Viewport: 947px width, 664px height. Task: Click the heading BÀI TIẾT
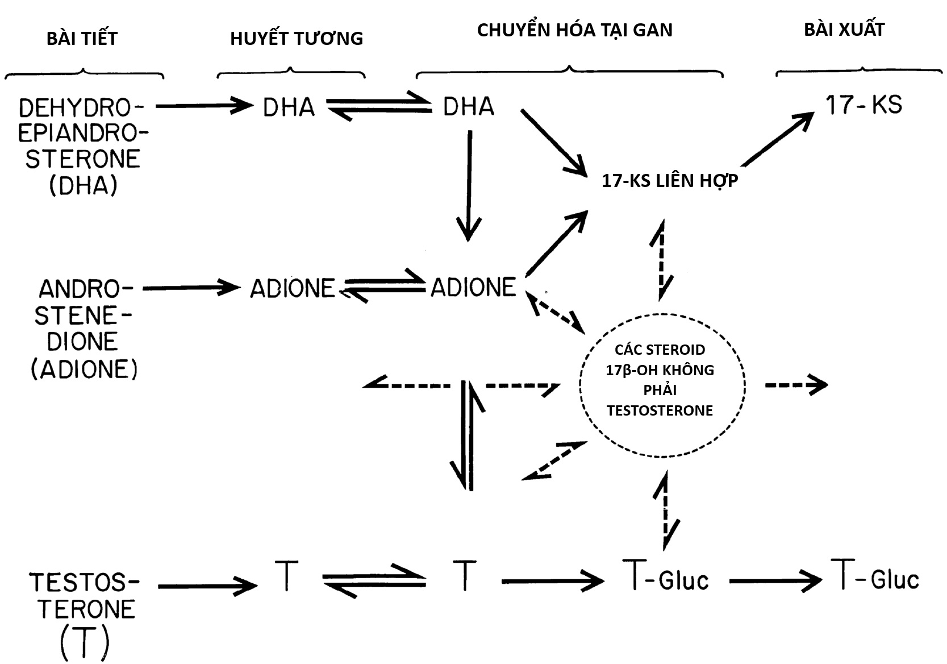[x=82, y=39]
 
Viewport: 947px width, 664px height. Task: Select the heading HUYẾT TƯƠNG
[x=296, y=39]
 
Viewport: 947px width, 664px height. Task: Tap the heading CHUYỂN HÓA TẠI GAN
[x=574, y=30]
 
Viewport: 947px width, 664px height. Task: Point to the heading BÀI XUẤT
[x=844, y=30]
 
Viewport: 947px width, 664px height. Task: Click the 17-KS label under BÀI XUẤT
[x=863, y=105]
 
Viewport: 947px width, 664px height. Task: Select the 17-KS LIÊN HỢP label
[x=670, y=181]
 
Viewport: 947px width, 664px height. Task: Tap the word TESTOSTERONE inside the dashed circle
[x=660, y=410]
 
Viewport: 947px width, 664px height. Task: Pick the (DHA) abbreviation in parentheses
[x=83, y=185]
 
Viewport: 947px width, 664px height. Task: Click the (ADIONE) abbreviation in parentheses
[x=84, y=370]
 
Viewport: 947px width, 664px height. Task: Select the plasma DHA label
[x=289, y=107]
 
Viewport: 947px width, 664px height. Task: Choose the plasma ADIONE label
[x=293, y=289]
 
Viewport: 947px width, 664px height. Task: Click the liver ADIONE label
[x=473, y=288]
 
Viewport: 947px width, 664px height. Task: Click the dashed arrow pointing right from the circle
[x=796, y=385]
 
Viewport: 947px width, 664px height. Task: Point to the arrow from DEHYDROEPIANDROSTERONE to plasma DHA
[x=203, y=106]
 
